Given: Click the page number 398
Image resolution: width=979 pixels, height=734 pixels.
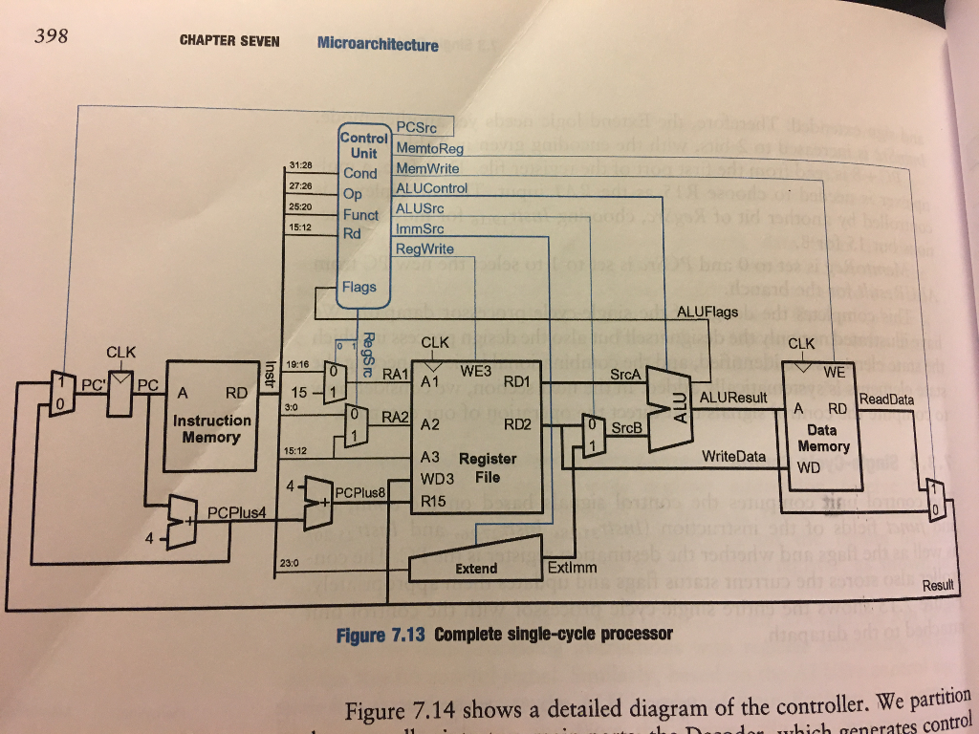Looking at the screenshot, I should point(51,37).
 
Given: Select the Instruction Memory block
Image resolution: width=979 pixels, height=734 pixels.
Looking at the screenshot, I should point(211,417).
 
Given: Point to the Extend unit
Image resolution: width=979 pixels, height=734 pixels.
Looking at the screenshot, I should point(475,567).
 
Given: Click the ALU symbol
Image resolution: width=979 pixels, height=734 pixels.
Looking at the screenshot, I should point(675,409).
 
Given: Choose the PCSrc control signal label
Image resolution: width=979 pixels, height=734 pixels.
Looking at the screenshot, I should point(418,128).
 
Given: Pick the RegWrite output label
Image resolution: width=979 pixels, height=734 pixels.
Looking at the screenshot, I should point(424,248).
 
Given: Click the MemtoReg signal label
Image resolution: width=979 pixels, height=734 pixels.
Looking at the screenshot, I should point(428,148).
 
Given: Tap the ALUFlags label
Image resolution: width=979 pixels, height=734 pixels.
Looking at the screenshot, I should point(707,312).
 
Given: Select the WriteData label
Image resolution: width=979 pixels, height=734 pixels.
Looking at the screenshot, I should point(733,457).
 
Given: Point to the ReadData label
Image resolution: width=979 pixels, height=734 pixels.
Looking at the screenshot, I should point(887,399).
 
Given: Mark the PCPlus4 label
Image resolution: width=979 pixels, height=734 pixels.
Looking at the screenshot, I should point(236,512).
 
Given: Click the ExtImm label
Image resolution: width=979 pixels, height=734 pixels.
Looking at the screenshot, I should point(572,568).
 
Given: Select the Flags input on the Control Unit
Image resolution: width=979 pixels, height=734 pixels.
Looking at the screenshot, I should point(359,287).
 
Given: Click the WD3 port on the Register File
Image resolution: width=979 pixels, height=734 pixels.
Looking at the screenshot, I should point(436,477).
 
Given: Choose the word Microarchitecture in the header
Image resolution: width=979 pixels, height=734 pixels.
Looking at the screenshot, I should point(378,44).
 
